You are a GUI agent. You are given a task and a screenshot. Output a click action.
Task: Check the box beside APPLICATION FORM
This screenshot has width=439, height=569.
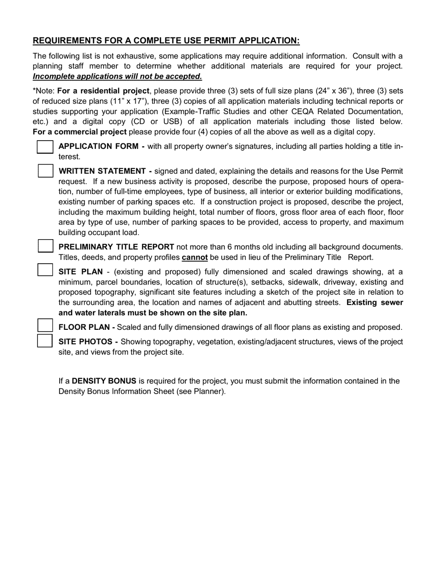[45, 147]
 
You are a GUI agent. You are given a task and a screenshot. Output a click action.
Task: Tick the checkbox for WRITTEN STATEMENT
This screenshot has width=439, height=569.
[45, 171]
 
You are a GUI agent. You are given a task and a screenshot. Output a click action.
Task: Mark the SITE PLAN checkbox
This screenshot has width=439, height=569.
[45, 270]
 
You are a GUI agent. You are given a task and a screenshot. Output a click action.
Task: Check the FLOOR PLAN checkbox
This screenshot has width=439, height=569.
[45, 326]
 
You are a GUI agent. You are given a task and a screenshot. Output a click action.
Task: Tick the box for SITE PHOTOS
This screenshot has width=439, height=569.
[45, 341]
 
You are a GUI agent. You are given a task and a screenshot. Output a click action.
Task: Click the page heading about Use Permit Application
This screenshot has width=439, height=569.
[166, 41]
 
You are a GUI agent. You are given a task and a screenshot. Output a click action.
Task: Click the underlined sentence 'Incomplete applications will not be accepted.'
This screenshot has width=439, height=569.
[117, 76]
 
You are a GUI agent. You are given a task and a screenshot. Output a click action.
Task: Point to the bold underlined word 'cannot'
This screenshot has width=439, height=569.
[195, 258]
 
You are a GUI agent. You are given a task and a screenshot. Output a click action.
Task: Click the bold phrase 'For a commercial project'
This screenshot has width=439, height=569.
[79, 132]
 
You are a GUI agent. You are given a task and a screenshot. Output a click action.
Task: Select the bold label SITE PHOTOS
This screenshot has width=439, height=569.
[88, 342]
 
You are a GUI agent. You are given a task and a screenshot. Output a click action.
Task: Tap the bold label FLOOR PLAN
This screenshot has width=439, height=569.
[86, 328]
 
